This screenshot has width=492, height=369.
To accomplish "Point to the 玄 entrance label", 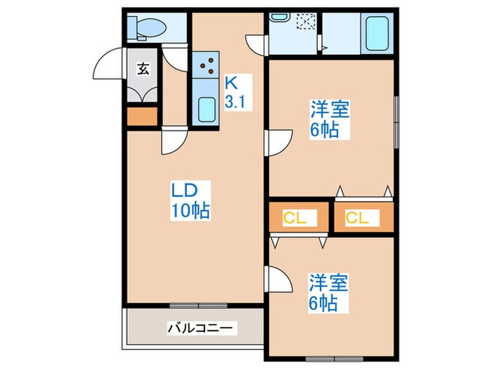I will tap(143, 68).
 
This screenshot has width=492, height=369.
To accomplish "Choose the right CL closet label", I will tap(357, 218).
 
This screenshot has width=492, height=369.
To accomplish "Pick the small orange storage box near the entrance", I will tap(143, 116).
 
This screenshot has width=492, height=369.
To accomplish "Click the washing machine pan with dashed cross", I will tap(305, 23).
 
